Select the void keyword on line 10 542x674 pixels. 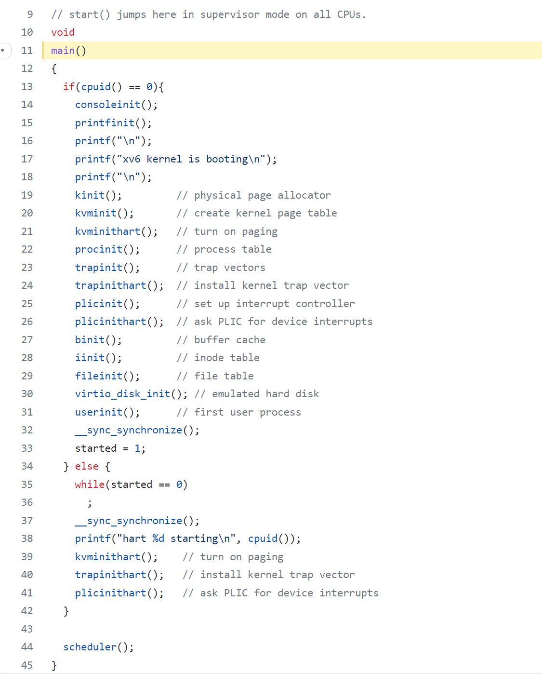click(63, 32)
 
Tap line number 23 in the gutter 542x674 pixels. click(27, 268)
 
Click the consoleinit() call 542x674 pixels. click(116, 105)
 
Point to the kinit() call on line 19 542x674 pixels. click(98, 195)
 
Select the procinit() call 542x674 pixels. click(107, 249)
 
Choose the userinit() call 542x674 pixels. click(107, 412)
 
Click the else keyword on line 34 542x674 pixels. click(87, 466)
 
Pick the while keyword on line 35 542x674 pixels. click(90, 485)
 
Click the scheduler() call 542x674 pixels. click(98, 647)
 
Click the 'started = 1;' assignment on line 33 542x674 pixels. click(110, 448)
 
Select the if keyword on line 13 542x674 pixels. click(69, 87)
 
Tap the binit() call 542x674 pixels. click(98, 340)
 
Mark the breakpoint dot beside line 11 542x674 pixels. click(3, 50)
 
